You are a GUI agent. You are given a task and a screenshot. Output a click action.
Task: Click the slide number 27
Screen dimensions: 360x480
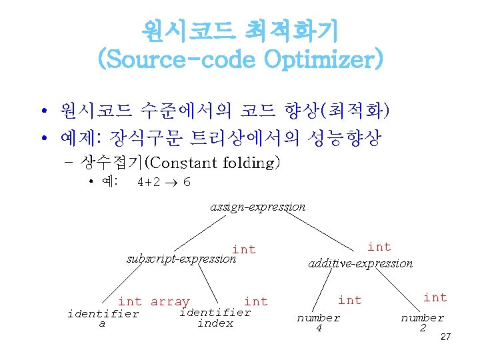(x=446, y=337)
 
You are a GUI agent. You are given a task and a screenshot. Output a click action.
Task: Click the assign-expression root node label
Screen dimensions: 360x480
(x=257, y=207)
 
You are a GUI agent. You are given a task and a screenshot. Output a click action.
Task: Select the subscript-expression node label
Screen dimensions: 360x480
(x=181, y=259)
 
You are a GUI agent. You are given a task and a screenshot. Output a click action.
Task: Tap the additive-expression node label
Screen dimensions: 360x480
(x=360, y=263)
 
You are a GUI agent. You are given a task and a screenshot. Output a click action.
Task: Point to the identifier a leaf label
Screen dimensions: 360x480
(x=103, y=319)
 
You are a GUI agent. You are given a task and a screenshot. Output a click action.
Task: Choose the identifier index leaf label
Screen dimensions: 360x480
(x=215, y=318)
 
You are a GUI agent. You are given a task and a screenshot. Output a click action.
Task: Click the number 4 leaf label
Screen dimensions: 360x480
(x=318, y=323)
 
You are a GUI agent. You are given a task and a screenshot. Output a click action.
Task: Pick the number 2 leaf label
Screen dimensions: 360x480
(x=422, y=323)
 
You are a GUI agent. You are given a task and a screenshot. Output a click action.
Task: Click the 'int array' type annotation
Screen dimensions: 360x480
(x=153, y=302)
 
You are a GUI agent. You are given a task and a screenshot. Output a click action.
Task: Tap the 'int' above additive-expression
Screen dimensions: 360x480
(x=379, y=247)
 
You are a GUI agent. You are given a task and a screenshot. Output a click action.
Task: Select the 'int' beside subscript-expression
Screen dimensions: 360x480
(x=244, y=249)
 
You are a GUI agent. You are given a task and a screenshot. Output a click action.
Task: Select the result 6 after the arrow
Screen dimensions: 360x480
(x=187, y=182)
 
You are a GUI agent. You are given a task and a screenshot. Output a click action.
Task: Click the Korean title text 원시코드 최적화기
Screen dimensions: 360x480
(x=240, y=29)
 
